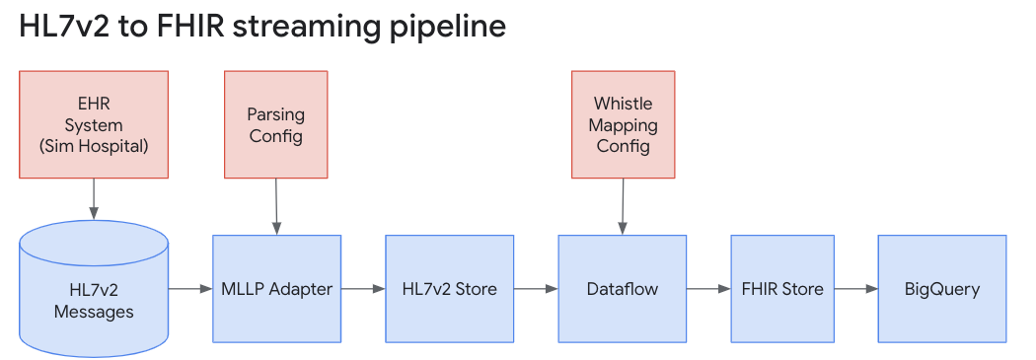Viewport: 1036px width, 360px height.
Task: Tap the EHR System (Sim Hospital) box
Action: tap(94, 124)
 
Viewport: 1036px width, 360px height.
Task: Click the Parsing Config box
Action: tap(276, 124)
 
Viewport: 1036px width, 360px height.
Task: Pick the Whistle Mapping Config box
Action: tap(623, 124)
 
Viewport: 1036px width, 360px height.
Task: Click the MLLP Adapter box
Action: tap(276, 289)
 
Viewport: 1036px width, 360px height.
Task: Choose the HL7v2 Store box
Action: tap(449, 289)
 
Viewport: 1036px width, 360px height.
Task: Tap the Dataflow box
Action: tap(622, 289)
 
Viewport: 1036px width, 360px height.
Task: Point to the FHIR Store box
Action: tap(782, 289)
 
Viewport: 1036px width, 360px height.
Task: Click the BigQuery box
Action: tap(941, 289)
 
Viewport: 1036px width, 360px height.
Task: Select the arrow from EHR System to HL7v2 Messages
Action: tap(94, 198)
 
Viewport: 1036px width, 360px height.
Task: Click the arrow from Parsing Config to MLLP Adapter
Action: tap(276, 206)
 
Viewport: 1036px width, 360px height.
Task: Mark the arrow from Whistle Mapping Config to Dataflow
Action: tap(623, 206)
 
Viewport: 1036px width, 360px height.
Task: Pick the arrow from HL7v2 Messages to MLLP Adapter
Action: tap(190, 289)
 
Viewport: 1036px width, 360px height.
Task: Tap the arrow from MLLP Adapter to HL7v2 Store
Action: tap(363, 289)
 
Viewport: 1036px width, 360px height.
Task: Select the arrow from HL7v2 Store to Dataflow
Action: tap(536, 289)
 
